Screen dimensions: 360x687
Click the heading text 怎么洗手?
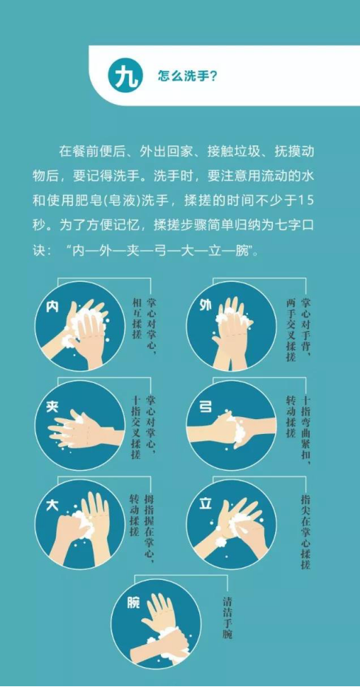pos(187,77)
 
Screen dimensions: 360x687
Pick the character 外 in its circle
pos(207,305)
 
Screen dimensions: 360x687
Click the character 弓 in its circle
pos(207,406)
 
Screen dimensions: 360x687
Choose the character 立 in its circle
pos(207,504)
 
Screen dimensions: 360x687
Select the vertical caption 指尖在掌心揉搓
pos(305,531)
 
